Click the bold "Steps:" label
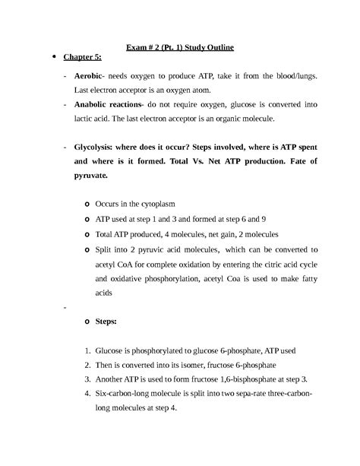[106, 322]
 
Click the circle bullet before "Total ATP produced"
[88, 233]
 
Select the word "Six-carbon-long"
[127, 394]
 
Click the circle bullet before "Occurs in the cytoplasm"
[88, 204]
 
